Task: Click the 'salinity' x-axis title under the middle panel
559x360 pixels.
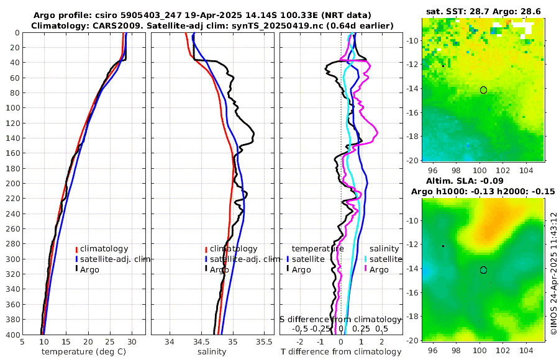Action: pyautogui.click(x=212, y=352)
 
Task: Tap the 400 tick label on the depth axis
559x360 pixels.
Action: pyautogui.click(x=11, y=335)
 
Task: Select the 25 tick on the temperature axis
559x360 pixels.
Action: pyautogui.click(x=109, y=341)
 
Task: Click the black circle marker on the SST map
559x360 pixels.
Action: pyautogui.click(x=483, y=90)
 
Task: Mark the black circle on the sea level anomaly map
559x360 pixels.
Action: pyautogui.click(x=483, y=270)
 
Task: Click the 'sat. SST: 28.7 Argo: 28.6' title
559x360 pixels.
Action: pyautogui.click(x=483, y=12)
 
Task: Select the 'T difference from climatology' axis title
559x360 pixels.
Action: pyautogui.click(x=341, y=352)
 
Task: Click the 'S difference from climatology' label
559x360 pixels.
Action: pyautogui.click(x=341, y=318)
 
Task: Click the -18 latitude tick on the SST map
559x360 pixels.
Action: pyautogui.click(x=412, y=136)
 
